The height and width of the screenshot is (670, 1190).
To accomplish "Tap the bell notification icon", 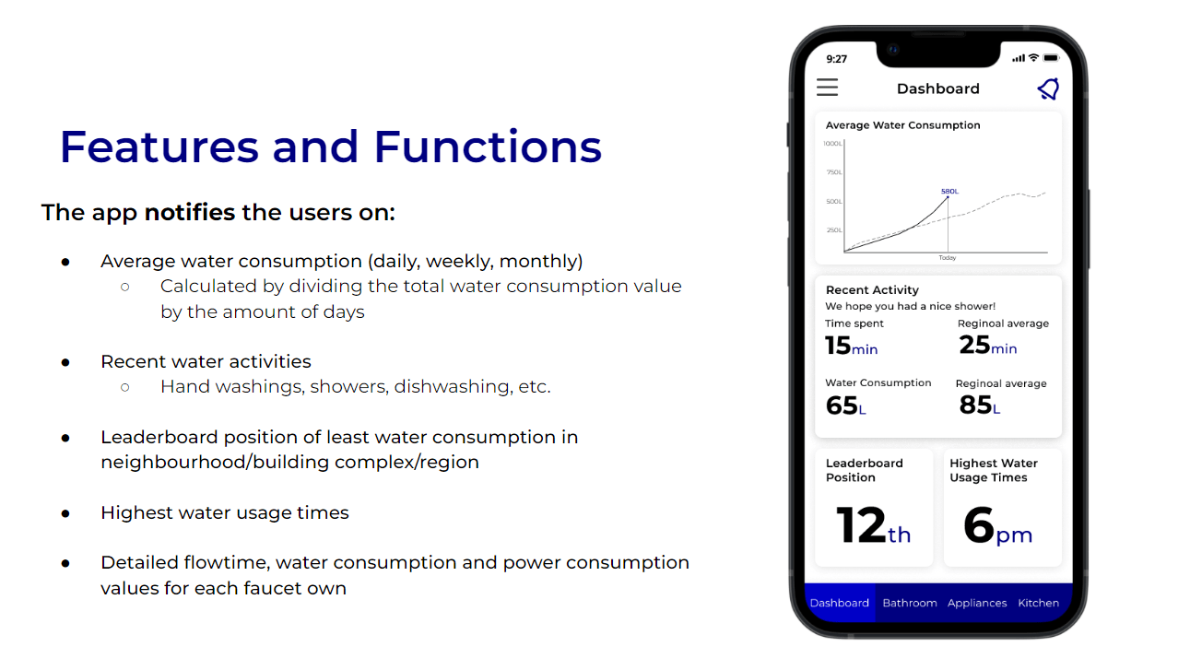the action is (x=1048, y=88).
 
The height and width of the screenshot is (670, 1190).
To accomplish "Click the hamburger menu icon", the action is (x=827, y=88).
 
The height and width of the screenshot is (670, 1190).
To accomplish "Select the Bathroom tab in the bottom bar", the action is (x=910, y=603).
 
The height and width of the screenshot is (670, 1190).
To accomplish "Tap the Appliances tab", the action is (x=977, y=603).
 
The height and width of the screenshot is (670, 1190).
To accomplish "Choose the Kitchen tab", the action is (x=1038, y=603).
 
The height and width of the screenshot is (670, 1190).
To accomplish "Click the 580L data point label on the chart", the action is (x=949, y=192).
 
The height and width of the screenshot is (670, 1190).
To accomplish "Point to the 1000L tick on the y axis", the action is (x=832, y=144).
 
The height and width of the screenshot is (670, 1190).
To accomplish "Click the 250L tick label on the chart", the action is (x=834, y=230).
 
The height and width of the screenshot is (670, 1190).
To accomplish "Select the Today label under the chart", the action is (x=948, y=258).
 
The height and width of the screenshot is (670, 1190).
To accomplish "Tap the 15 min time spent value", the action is (x=851, y=346).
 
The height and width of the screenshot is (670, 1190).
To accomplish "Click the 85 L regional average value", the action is (x=979, y=405).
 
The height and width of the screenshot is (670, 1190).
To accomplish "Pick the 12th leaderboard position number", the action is (x=874, y=525).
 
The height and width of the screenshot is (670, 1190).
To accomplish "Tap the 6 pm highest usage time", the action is (x=997, y=525).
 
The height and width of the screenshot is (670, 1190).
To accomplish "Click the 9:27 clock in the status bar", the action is (x=836, y=59).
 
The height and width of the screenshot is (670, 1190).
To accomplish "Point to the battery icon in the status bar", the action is (x=1052, y=58).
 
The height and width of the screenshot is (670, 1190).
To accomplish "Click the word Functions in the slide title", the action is (x=488, y=147).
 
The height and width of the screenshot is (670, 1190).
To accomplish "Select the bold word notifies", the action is (x=190, y=213).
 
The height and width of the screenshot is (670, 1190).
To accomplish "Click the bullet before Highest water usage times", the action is (x=65, y=514).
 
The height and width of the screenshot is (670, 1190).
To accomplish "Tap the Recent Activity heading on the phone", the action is (x=872, y=290).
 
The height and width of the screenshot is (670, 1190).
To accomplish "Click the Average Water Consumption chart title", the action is (x=902, y=125).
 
